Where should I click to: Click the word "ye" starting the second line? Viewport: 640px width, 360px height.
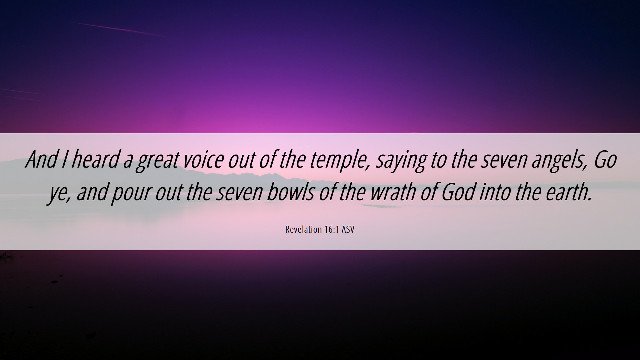[60, 194]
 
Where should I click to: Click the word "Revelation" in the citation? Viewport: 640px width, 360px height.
[303, 230]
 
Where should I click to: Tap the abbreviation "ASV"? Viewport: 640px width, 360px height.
[348, 230]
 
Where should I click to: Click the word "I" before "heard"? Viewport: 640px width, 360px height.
[64, 160]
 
